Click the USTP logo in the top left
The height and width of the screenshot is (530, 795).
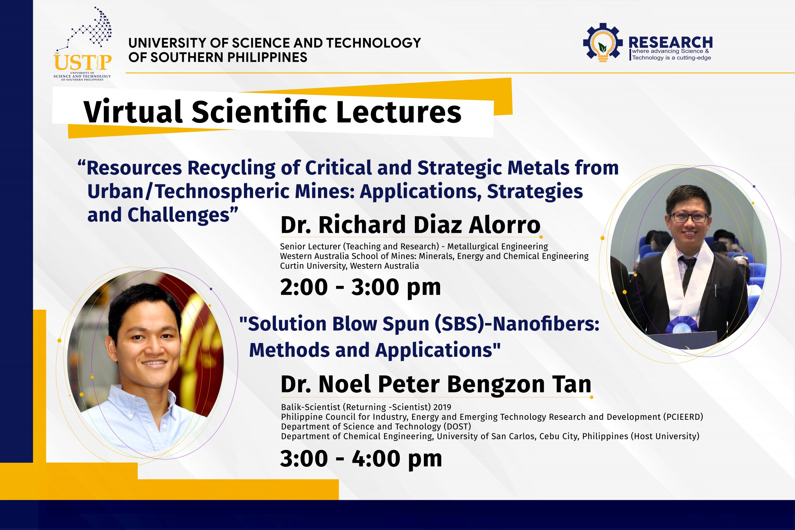pyautogui.click(x=83, y=44)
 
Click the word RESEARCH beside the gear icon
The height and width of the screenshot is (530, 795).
pyautogui.click(x=670, y=42)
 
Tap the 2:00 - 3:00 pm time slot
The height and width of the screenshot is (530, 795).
pyautogui.click(x=361, y=287)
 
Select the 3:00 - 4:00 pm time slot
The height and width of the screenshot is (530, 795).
pyautogui.click(x=361, y=459)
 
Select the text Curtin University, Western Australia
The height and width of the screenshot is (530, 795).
pyautogui.click(x=349, y=266)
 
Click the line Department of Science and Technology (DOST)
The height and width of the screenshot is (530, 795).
pyautogui.click(x=376, y=427)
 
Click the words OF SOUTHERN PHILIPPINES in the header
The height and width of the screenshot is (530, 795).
pyautogui.click(x=218, y=57)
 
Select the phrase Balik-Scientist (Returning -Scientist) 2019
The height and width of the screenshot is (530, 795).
pyautogui.click(x=366, y=407)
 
